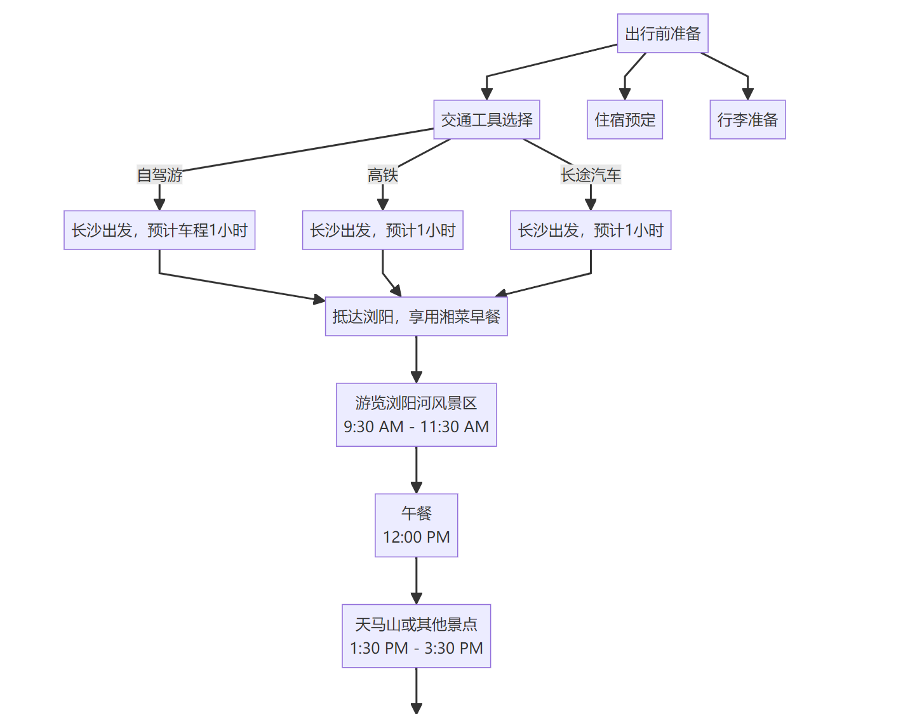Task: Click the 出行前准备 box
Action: (662, 34)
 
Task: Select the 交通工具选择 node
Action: (486, 120)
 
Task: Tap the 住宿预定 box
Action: (624, 120)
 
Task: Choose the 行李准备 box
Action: (747, 120)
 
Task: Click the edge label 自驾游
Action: (159, 175)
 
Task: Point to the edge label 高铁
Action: (382, 175)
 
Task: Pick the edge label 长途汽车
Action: (591, 175)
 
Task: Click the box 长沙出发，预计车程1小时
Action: (159, 230)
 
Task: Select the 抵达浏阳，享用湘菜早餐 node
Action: (416, 317)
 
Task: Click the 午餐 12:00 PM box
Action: (416, 526)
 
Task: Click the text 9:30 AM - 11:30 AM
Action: (416, 427)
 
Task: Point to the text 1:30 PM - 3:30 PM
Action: (416, 649)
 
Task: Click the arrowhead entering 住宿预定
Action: (625, 94)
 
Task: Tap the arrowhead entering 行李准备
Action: (747, 94)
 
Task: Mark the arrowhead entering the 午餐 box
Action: (416, 487)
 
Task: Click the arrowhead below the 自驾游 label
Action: (159, 204)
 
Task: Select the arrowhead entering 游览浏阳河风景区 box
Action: (416, 377)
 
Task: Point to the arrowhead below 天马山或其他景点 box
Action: (416, 708)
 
